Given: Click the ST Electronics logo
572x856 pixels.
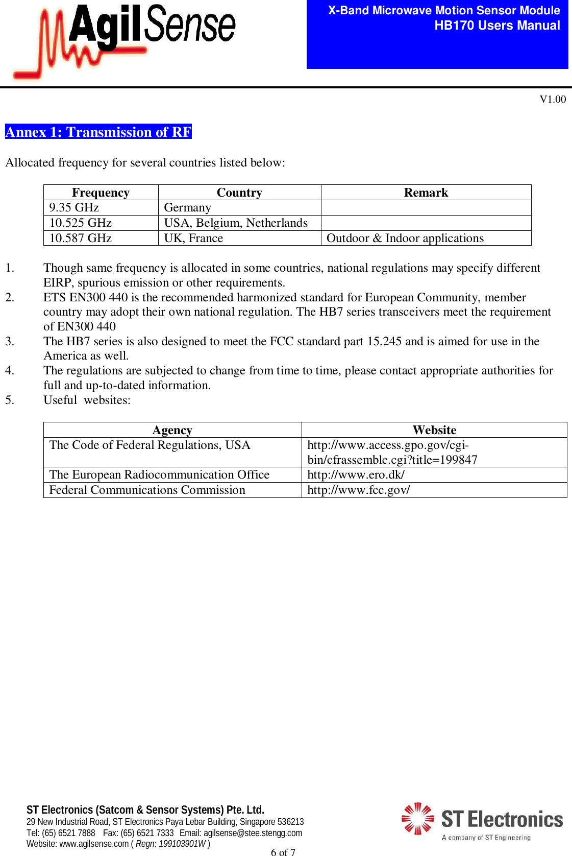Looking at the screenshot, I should [482, 821].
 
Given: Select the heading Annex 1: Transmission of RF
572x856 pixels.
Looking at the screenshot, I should [98, 132].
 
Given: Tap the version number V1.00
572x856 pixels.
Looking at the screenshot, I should [553, 99].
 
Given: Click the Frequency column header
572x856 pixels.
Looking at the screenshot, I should [101, 193].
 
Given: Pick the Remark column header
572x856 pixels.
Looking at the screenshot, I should [426, 193].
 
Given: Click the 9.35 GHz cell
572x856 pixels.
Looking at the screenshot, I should [74, 207].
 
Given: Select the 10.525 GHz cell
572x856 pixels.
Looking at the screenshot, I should [81, 223].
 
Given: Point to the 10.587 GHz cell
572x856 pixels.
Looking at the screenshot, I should [81, 238].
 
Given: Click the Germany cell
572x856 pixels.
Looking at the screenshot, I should [187, 207].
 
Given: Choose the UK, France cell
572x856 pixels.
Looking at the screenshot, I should [193, 238].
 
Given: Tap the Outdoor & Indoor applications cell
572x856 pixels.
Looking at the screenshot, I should [405, 238].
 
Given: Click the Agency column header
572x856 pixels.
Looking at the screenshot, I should [172, 430].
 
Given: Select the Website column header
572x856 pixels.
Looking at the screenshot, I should [434, 430].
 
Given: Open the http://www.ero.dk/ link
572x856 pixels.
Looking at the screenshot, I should [356, 474].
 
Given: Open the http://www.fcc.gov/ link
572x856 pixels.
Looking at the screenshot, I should [358, 490].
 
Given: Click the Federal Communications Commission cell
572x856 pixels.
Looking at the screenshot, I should [147, 490].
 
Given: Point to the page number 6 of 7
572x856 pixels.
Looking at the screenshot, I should [283, 851].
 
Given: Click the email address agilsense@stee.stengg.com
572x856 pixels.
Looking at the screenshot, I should [253, 833].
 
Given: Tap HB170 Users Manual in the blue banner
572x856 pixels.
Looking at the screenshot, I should [497, 26].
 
